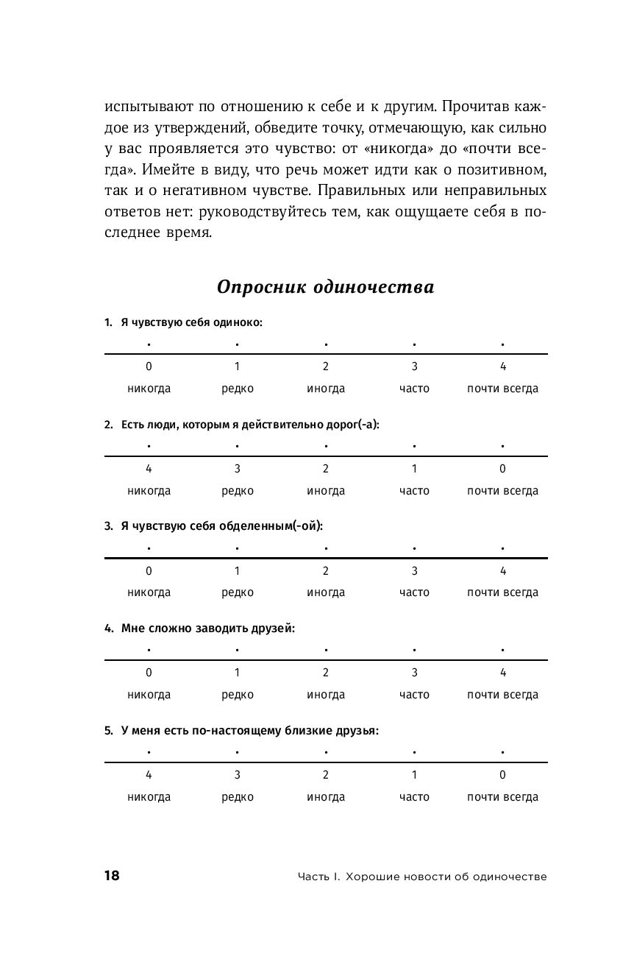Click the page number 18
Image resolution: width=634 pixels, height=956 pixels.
pyautogui.click(x=112, y=875)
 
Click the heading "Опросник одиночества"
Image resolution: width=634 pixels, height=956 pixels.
pyautogui.click(x=326, y=287)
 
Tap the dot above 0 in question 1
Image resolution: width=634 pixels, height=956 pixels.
pyautogui.click(x=149, y=344)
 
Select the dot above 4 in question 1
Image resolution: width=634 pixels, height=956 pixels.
pyautogui.click(x=502, y=344)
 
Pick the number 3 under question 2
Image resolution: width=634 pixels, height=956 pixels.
pyautogui.click(x=238, y=469)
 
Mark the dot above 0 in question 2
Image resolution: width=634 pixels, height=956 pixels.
pyautogui.click(x=502, y=446)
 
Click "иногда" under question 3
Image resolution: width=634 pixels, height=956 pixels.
pyautogui.click(x=326, y=592)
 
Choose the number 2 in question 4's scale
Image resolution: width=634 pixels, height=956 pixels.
pyautogui.click(x=326, y=673)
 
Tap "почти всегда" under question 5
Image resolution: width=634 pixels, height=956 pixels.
pyautogui.click(x=502, y=797)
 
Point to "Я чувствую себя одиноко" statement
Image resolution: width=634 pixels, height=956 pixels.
pyautogui.click(x=191, y=322)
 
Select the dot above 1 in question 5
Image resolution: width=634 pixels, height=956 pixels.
pyautogui.click(x=414, y=752)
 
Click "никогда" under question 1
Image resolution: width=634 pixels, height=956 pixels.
pyautogui.click(x=149, y=389)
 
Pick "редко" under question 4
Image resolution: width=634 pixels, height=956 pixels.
pyautogui.click(x=238, y=695)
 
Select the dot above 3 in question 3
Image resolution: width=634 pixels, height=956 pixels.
pyautogui.click(x=414, y=548)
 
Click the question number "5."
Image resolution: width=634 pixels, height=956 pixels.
pyautogui.click(x=108, y=731)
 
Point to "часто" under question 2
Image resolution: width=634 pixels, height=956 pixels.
pyautogui.click(x=414, y=491)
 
